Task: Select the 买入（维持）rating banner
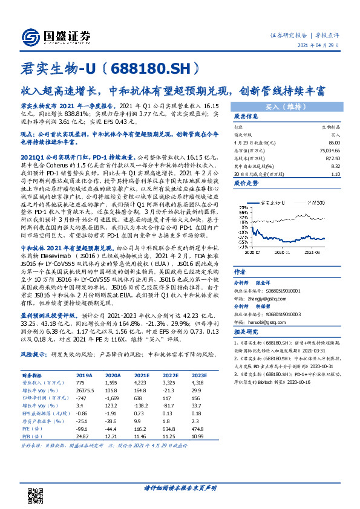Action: (284, 105)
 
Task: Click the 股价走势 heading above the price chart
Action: (246, 181)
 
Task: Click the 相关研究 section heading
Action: (246, 332)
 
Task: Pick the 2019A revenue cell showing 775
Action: (80, 383)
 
